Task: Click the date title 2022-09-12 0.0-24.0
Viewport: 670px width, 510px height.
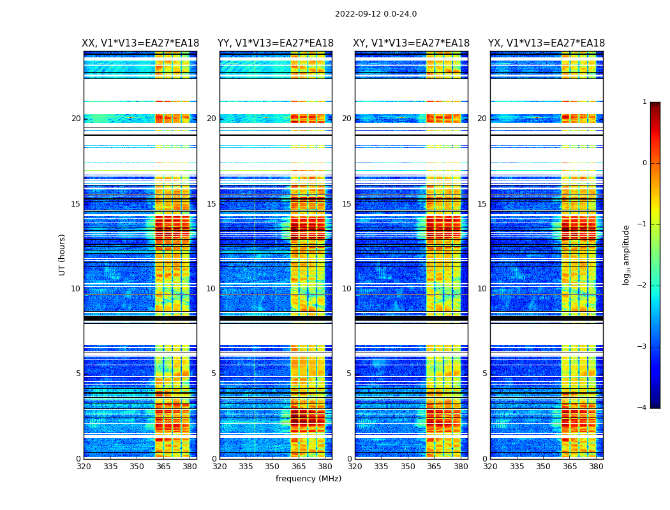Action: [x=376, y=14]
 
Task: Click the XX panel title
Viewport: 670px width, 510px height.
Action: [x=140, y=43]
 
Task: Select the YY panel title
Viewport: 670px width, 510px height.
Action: [x=276, y=43]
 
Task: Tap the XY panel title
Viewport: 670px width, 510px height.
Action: [x=412, y=43]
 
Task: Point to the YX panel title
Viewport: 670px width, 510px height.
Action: [x=547, y=43]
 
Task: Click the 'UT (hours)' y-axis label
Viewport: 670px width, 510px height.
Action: [x=63, y=254]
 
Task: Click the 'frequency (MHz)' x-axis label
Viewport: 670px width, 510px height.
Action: [x=308, y=479]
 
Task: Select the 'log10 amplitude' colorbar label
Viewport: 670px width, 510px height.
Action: [x=627, y=254]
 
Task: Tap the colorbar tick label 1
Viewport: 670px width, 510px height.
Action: [x=644, y=102]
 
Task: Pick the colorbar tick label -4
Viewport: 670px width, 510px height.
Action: [x=643, y=408]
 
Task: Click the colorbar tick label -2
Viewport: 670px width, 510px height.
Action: [x=643, y=286]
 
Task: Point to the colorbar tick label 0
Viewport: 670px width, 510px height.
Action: [x=644, y=163]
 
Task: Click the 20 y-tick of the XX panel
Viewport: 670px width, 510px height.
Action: [x=76, y=119]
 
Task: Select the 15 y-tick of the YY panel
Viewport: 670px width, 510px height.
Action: [x=211, y=204]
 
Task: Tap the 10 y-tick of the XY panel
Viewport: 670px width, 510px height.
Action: [x=346, y=289]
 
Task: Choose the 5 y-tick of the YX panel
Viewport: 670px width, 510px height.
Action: [x=484, y=374]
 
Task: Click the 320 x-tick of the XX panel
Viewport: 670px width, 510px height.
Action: [x=84, y=467]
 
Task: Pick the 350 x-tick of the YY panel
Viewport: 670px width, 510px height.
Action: [x=272, y=467]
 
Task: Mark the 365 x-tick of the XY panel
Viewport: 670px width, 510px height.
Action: [x=434, y=467]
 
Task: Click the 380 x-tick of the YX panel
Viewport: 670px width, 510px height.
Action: [x=596, y=467]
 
